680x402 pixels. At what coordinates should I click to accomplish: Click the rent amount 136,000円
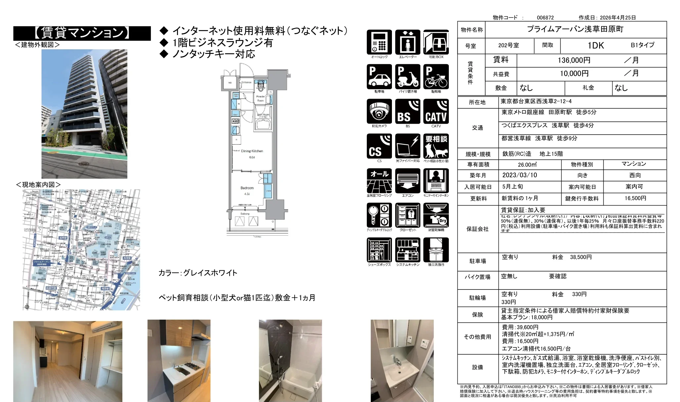[x=574, y=61]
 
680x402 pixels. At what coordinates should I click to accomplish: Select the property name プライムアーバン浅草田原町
[x=575, y=29]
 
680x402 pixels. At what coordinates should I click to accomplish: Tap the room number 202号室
[x=509, y=46]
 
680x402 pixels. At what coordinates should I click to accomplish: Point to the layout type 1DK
[x=596, y=46]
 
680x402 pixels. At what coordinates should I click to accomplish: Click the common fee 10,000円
[x=574, y=73]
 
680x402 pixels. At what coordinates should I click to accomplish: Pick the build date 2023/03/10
[x=520, y=175]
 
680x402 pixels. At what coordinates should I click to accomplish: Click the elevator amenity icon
[x=407, y=42]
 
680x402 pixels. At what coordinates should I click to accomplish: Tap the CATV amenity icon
[x=436, y=112]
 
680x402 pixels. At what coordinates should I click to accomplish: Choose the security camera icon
[x=379, y=112]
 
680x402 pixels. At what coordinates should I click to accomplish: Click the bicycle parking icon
[x=436, y=77]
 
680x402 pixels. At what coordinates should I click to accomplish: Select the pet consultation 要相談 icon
[x=436, y=146]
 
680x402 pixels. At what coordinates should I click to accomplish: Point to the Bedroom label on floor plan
[x=247, y=188]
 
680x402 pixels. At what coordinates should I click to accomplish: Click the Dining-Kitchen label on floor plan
[x=252, y=151]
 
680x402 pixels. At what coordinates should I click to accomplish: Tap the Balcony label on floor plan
[x=245, y=214]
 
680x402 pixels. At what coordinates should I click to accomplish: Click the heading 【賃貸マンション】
[x=82, y=33]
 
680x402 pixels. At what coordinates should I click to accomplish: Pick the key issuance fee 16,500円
[x=635, y=198]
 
